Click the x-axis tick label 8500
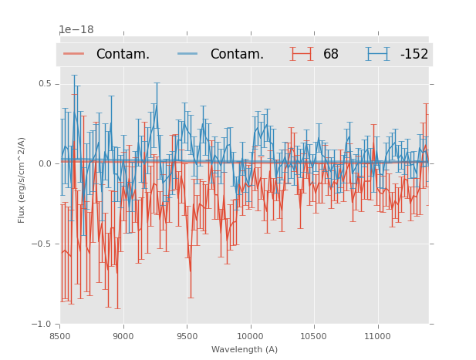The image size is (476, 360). pyautogui.click(x=60, y=336)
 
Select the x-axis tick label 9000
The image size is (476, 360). pyautogui.click(x=123, y=336)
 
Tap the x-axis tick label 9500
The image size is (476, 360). pyautogui.click(x=187, y=336)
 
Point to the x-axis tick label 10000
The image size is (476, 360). pyautogui.click(x=250, y=336)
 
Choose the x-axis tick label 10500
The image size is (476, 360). pyautogui.click(x=313, y=336)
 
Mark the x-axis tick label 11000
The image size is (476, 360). pyautogui.click(x=376, y=336)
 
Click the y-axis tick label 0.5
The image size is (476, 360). pyautogui.click(x=46, y=83)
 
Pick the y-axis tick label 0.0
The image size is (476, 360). pyautogui.click(x=46, y=163)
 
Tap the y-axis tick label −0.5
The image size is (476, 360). pyautogui.click(x=43, y=244)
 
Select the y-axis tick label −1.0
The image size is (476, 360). pyautogui.click(x=43, y=324)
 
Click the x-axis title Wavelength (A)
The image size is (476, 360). pyautogui.click(x=245, y=349)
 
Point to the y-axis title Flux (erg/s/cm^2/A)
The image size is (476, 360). pyautogui.click(x=22, y=180)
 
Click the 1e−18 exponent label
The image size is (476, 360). pyautogui.click(x=76, y=30)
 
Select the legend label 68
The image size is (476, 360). pyautogui.click(x=331, y=55)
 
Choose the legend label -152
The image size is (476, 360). pyautogui.click(x=414, y=55)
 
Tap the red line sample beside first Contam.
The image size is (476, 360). pyautogui.click(x=74, y=54)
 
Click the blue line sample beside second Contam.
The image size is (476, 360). pyautogui.click(x=188, y=54)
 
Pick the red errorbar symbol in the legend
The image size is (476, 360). pyautogui.click(x=302, y=54)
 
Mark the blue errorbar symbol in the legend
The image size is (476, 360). pyautogui.click(x=377, y=54)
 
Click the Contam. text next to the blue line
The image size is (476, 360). pyautogui.click(x=237, y=55)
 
